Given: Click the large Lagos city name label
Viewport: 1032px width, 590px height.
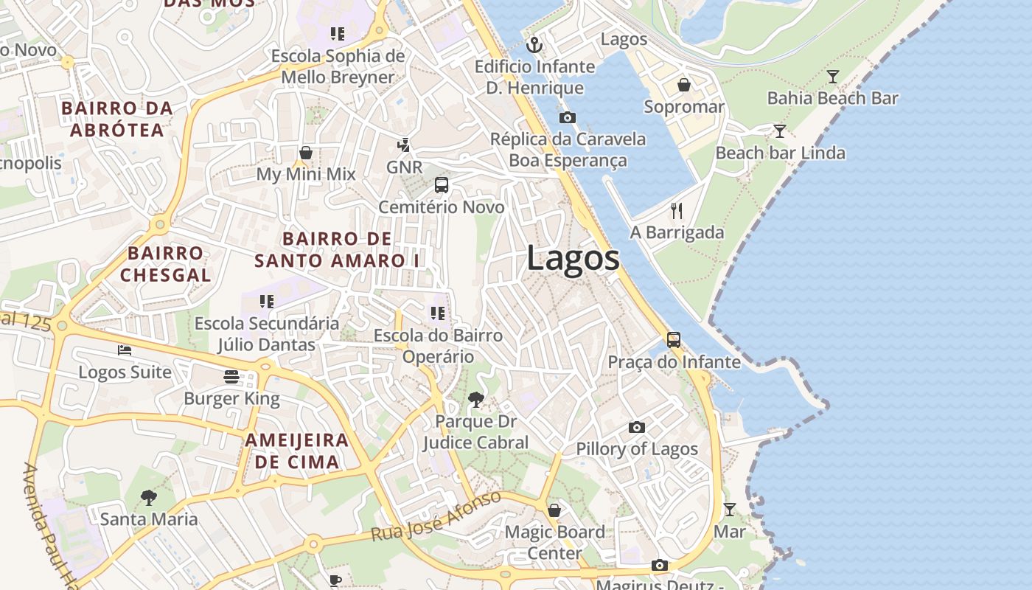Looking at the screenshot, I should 573,259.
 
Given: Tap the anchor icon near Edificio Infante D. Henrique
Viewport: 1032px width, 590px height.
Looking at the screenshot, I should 534,46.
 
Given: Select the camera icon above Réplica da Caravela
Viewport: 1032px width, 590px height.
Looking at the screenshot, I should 568,117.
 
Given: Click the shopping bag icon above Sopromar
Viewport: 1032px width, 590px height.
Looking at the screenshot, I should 684,85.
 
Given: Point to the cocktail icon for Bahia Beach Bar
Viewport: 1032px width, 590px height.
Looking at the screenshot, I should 832,76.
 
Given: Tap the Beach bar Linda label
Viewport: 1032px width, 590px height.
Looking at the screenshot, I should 780,153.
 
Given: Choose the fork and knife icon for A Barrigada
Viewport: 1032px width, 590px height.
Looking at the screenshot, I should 677,211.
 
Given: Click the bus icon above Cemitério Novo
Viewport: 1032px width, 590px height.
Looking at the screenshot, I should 442,185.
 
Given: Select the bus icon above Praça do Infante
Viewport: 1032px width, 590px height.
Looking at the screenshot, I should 674,340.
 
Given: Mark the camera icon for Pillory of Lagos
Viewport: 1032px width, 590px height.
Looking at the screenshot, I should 637,427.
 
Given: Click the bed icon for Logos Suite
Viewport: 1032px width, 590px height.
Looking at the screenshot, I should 125,350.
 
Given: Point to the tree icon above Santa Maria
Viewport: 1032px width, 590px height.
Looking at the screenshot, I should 149,497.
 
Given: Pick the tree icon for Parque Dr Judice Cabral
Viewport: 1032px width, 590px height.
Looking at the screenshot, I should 476,400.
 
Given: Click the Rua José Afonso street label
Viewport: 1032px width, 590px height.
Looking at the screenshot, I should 436,516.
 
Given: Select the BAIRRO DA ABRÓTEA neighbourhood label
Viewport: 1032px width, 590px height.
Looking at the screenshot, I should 117,119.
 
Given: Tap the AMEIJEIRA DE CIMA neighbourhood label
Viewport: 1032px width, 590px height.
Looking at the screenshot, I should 297,451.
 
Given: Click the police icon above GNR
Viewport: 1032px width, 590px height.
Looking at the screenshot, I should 404,145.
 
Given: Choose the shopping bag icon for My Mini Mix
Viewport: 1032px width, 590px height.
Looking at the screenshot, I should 306,153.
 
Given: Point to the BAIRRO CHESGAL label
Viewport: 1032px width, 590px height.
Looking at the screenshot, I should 166,263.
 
